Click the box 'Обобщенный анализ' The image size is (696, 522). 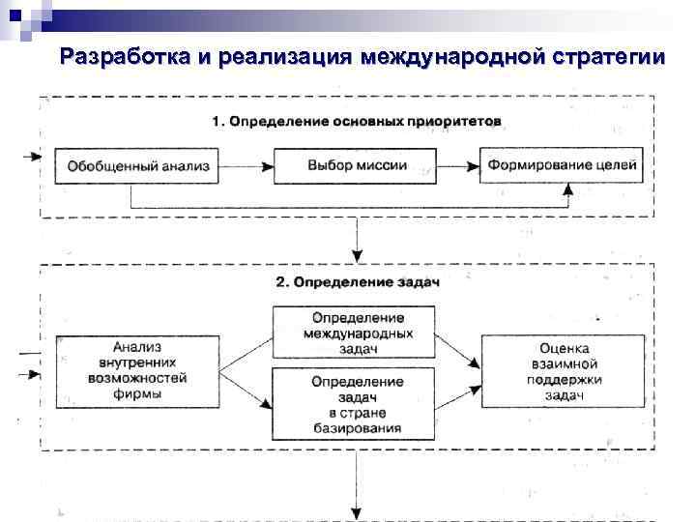click(x=137, y=165)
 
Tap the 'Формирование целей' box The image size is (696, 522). click(x=562, y=165)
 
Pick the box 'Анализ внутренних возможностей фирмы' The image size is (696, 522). click(x=136, y=370)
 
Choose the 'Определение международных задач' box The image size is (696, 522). click(x=358, y=333)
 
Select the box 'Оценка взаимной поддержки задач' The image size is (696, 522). click(x=562, y=370)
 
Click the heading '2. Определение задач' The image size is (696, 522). click(x=358, y=282)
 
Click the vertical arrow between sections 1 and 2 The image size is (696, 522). click(x=358, y=240)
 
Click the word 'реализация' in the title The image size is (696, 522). click(x=284, y=55)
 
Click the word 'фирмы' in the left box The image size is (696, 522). click(x=136, y=394)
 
